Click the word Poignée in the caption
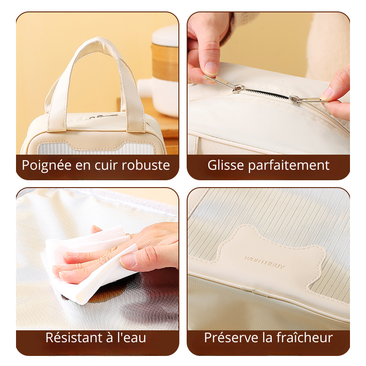coord(47,166)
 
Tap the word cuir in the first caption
coord(107,165)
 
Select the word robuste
coord(146,165)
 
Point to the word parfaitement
coord(289,166)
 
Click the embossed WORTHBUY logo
coord(265,262)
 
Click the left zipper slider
coord(238,89)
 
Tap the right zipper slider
coord(294,99)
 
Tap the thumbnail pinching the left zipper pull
coord(211,68)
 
